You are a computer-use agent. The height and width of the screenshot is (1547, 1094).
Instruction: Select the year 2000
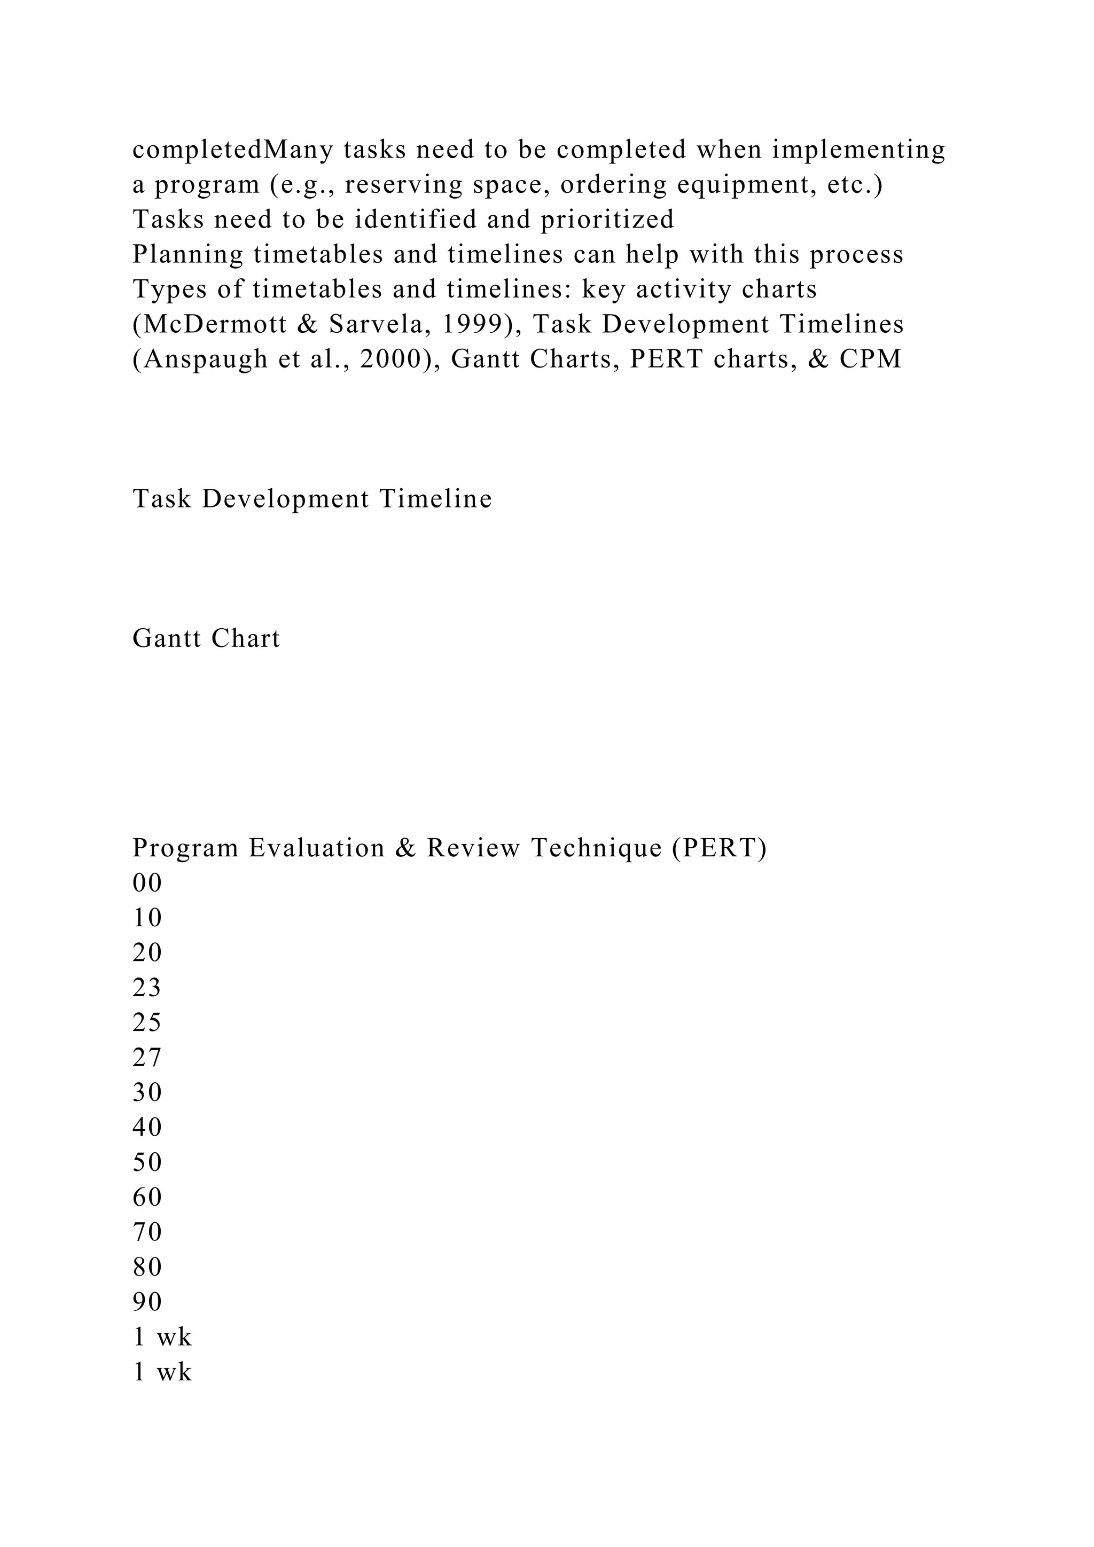[x=392, y=359]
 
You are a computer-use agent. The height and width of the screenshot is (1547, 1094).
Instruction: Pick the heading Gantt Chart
[x=206, y=638]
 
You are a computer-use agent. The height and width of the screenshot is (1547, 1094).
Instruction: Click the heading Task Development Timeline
[x=312, y=498]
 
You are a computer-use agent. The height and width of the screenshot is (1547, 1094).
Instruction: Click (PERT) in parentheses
[x=720, y=848]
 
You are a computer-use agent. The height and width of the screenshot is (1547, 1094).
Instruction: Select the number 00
[x=147, y=882]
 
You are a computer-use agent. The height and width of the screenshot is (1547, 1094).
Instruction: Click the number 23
[x=147, y=988]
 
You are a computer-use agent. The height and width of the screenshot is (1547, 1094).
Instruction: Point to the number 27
[x=147, y=1057]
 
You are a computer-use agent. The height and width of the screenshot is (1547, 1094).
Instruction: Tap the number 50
[x=147, y=1162]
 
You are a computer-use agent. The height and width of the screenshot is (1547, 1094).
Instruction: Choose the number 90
[x=147, y=1302]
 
